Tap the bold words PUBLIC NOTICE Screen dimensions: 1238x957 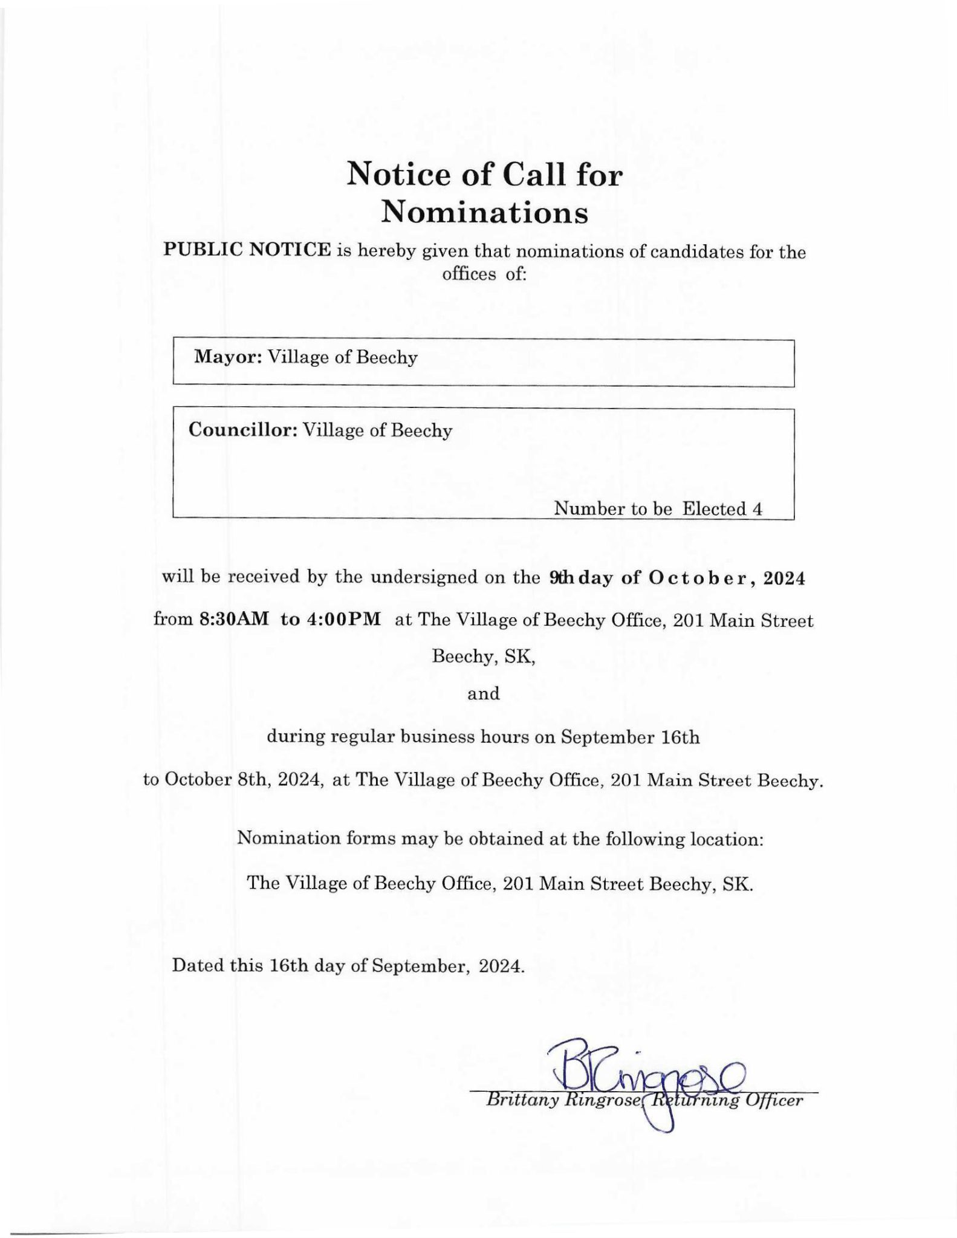247,250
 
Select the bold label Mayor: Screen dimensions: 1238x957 227,357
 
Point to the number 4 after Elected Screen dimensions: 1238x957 757,509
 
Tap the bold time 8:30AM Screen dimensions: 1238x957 234,620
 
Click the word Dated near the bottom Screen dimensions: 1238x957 200,965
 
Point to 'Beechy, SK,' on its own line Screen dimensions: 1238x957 484,656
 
